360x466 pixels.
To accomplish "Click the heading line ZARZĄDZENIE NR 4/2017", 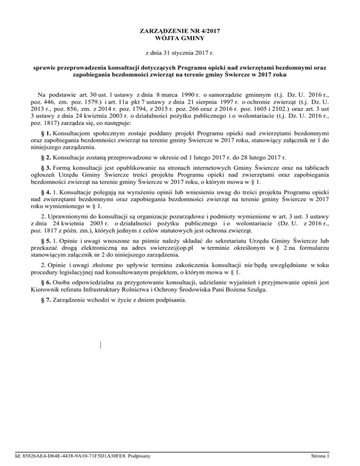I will click(x=180, y=31).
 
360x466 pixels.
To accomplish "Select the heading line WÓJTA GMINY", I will click(x=180, y=38).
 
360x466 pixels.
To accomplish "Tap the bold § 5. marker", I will click(x=45, y=240).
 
